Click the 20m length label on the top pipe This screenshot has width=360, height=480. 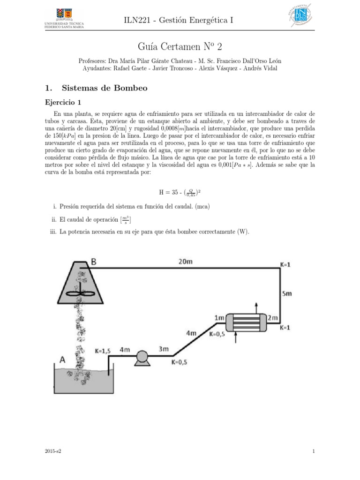(x=186, y=262)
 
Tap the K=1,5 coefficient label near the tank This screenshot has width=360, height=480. (x=103, y=350)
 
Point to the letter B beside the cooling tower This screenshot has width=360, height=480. (x=93, y=262)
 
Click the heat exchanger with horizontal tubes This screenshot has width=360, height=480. (x=246, y=322)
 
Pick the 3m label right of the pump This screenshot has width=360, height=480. (x=164, y=349)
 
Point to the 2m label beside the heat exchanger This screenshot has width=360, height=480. (x=273, y=318)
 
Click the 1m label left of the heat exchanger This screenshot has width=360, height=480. (x=219, y=318)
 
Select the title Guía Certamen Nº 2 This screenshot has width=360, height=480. (x=180, y=46)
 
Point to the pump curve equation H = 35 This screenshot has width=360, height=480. (x=180, y=192)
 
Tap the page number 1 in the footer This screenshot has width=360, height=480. (x=313, y=451)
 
